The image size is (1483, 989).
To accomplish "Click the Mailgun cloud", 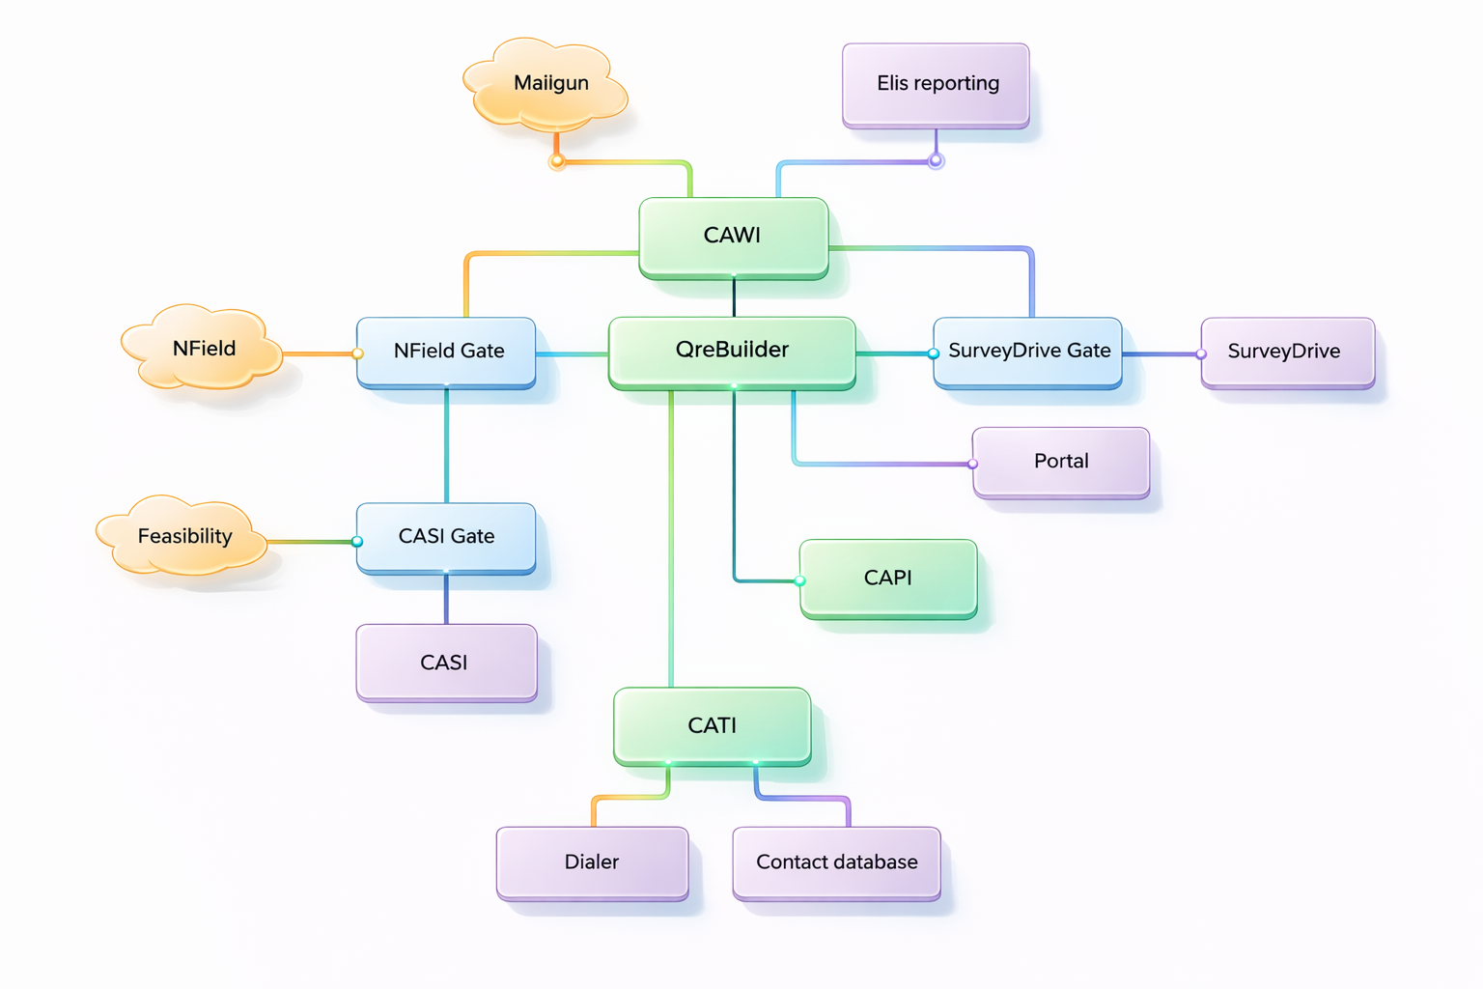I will pyautogui.click(x=548, y=85).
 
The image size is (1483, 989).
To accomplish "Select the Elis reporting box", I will pyautogui.click(x=936, y=84).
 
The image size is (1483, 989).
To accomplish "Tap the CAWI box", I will pyautogui.click(x=733, y=236).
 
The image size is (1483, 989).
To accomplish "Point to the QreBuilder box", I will pyautogui.click(x=732, y=351).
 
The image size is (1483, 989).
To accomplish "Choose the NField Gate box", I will pyautogui.click(x=447, y=352).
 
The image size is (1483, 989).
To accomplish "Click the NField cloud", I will pyautogui.click(x=203, y=349).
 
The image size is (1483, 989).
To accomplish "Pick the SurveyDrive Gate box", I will pyautogui.click(x=1028, y=352).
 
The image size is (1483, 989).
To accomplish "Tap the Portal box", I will pyautogui.click(x=1061, y=462).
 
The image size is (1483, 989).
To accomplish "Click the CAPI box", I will pyautogui.click(x=888, y=578).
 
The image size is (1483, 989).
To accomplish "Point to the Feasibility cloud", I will pyautogui.click(x=183, y=536).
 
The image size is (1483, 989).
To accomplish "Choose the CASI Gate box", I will pyautogui.click(x=446, y=537).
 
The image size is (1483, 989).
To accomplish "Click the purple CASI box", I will pyautogui.click(x=446, y=663).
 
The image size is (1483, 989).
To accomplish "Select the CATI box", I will pyautogui.click(x=713, y=725).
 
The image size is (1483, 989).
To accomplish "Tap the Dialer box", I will pyautogui.click(x=592, y=862).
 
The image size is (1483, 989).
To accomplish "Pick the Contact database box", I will pyautogui.click(x=836, y=862).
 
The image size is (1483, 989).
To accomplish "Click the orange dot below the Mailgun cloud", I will pyautogui.click(x=557, y=161).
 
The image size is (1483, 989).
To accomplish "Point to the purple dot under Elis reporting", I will pyautogui.click(x=936, y=160).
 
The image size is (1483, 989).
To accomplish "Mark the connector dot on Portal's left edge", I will pyautogui.click(x=973, y=465).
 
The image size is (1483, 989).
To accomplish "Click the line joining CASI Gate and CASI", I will pyautogui.click(x=446, y=600).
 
